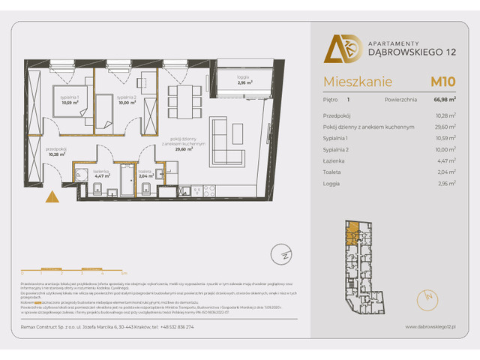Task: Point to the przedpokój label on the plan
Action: tap(55, 149)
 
